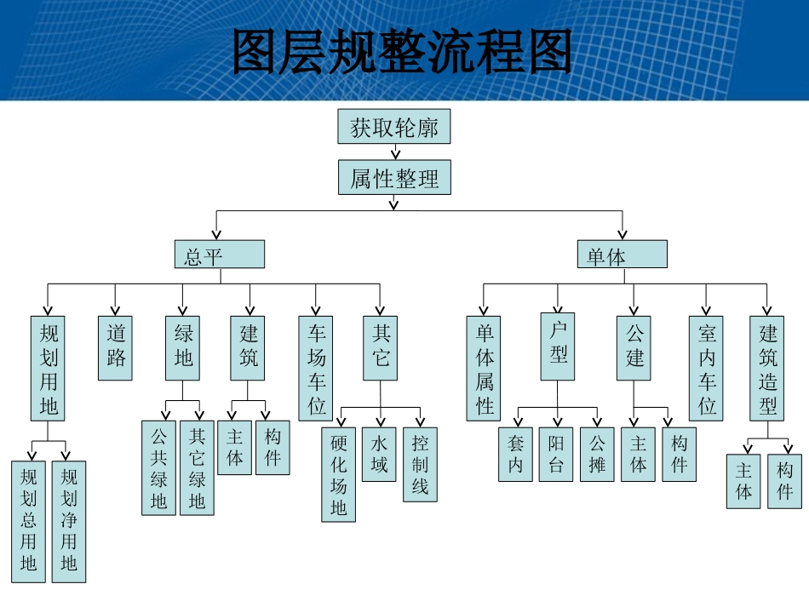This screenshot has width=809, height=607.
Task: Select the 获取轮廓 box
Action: click(393, 127)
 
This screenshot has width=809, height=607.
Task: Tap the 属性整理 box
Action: click(393, 178)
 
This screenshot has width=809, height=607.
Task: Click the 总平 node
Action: click(220, 255)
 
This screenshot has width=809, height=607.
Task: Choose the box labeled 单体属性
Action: click(484, 368)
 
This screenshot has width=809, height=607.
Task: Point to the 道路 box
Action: click(116, 347)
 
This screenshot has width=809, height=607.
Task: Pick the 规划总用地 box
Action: click(29, 521)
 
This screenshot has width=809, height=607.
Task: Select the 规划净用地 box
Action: click(69, 521)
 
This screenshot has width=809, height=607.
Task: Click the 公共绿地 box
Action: click(158, 467)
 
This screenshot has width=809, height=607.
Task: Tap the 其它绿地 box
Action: click(197, 467)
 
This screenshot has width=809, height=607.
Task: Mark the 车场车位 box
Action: click(316, 368)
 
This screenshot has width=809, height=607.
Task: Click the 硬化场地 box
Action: click(339, 474)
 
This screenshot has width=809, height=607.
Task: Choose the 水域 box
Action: click(379, 454)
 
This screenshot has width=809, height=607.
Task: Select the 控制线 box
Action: click(420, 464)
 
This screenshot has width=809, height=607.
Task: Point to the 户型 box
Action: click(558, 346)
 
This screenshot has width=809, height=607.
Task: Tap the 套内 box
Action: click(515, 454)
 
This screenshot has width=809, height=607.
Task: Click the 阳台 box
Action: click(556, 454)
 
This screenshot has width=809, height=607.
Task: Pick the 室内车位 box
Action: click(706, 368)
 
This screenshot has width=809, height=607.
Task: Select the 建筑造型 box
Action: click(767, 368)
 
